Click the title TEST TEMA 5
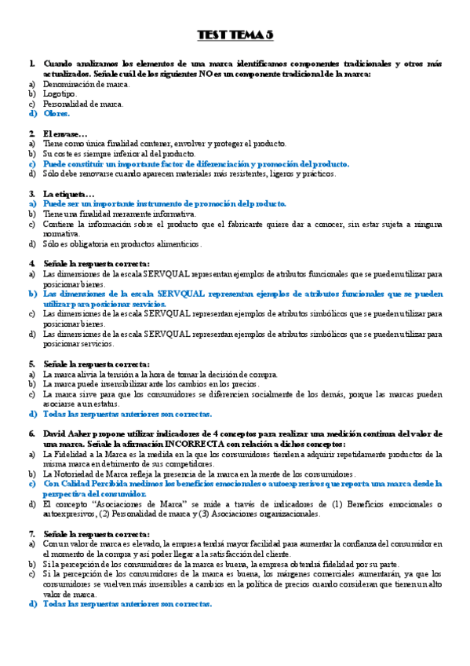pyautogui.click(x=235, y=35)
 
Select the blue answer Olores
pyautogui.click(x=57, y=114)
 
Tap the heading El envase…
pyautogui.click(x=66, y=134)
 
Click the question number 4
pyautogui.click(x=32, y=263)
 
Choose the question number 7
pyautogui.click(x=32, y=534)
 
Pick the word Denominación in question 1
pyautogui.click(x=68, y=84)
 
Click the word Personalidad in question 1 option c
pyautogui.click(x=66, y=104)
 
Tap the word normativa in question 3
pyautogui.click(x=62, y=233)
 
